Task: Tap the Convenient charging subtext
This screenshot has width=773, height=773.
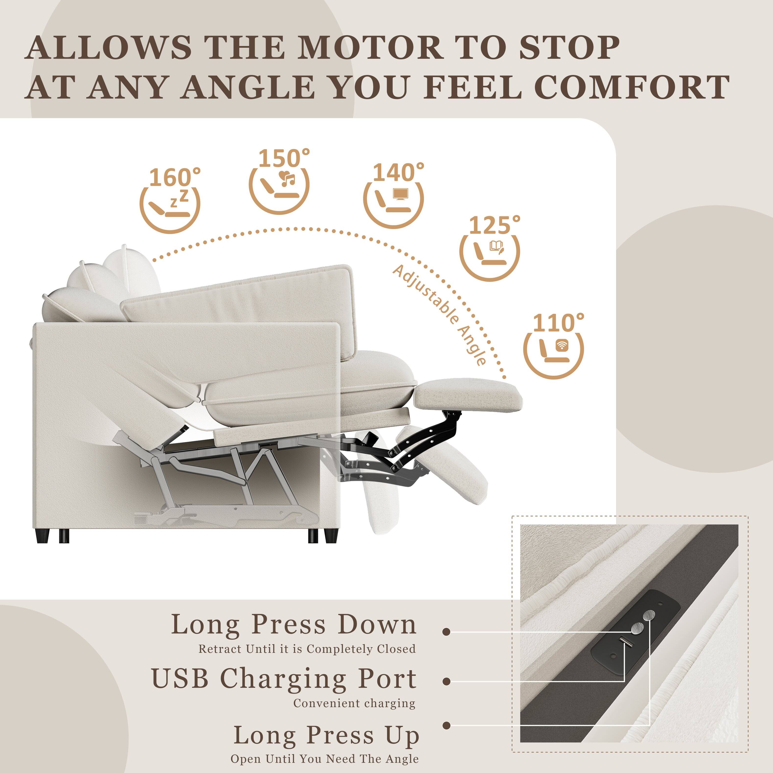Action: tap(354, 703)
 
